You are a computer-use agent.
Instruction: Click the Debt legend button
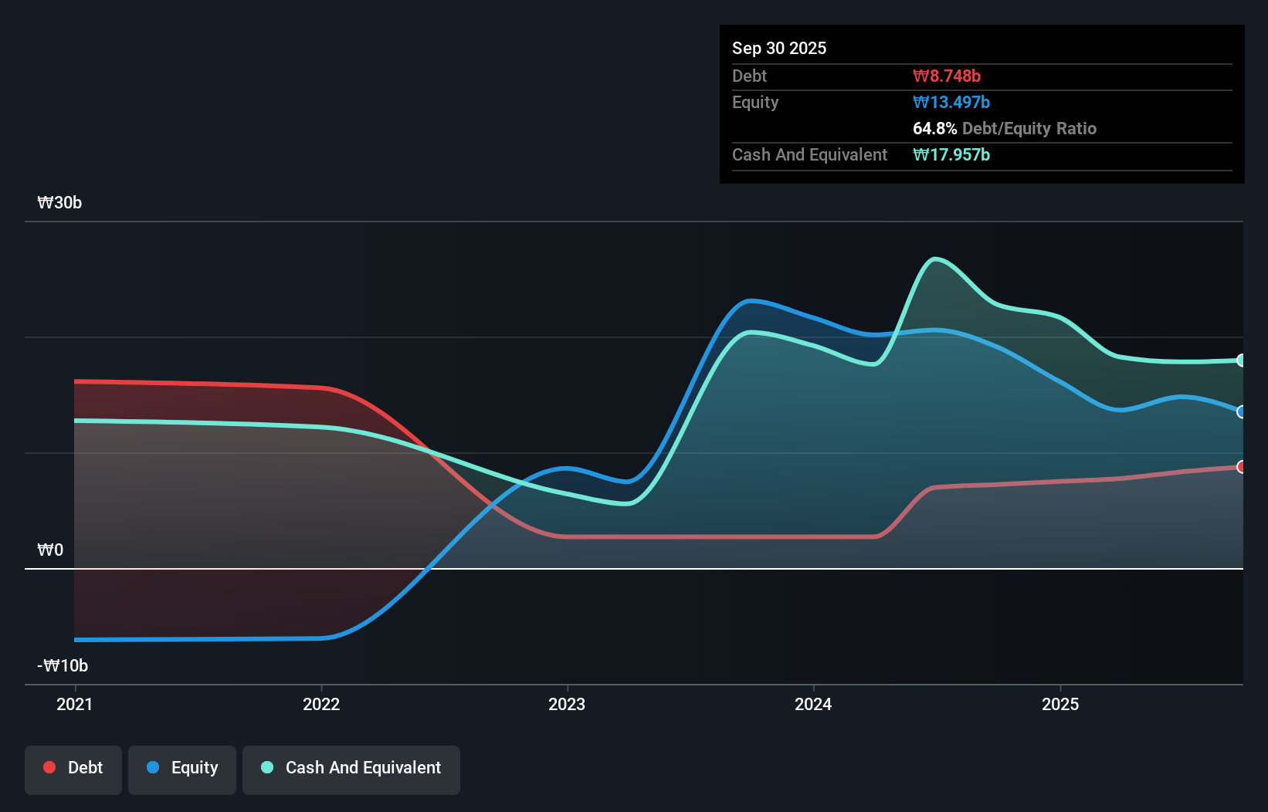click(73, 768)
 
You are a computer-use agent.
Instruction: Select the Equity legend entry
click(182, 768)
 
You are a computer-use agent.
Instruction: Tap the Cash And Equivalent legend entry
click(351, 768)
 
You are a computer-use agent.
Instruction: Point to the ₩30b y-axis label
click(59, 203)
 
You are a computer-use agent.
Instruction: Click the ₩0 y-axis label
click(50, 550)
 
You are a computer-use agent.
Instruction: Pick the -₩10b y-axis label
click(63, 666)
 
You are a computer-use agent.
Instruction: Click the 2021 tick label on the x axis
click(75, 705)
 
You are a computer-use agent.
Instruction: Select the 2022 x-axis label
click(321, 705)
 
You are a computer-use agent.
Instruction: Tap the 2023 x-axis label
click(567, 705)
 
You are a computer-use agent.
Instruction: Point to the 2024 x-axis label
click(813, 705)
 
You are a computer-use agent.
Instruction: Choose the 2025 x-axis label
click(1060, 705)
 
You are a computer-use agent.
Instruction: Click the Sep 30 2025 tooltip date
click(779, 49)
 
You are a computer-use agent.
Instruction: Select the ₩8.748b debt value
click(947, 76)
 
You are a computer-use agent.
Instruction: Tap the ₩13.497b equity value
click(951, 103)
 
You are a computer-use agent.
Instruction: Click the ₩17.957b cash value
click(951, 155)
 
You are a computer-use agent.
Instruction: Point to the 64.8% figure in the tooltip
click(934, 129)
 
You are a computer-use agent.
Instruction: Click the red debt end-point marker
click(1241, 467)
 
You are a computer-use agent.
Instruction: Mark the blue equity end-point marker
click(1241, 412)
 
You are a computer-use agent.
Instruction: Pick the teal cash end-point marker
click(1241, 360)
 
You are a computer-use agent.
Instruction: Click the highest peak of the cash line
click(935, 259)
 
